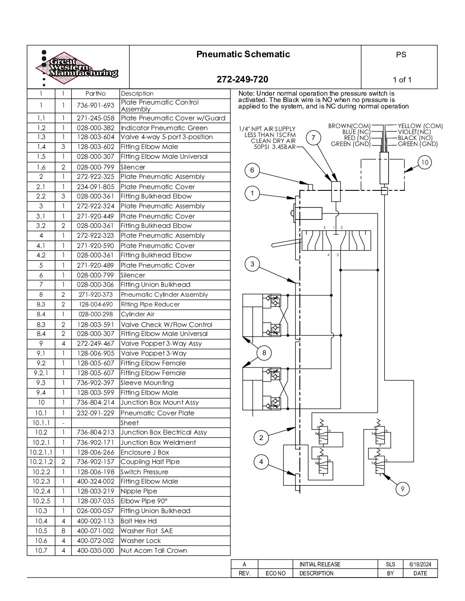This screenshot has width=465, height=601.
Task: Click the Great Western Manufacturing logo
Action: coord(77,68)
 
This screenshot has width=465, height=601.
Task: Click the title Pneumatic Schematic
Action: coord(243,54)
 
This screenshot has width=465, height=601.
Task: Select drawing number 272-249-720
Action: coord(242,79)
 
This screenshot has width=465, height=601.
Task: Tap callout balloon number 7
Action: coord(313,138)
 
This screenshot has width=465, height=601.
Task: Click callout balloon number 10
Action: coord(424,162)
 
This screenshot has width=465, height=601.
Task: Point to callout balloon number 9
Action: coord(403,489)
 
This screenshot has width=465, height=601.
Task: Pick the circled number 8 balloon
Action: coord(264,353)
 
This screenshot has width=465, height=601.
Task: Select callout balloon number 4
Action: coord(261,461)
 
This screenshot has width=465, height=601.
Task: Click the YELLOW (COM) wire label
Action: coord(420,126)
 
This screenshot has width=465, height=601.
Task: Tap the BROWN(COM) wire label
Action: coord(349,126)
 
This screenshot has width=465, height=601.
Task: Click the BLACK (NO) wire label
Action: coord(415,138)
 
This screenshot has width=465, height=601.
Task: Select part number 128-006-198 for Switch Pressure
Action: coord(96,472)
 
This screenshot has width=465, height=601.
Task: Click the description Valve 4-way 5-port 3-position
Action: coord(167,137)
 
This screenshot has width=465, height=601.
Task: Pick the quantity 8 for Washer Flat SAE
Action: coord(63,531)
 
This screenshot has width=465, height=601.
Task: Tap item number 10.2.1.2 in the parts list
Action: coord(41,461)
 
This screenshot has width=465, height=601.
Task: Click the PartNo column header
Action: coord(96,93)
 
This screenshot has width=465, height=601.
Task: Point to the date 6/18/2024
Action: coord(420,564)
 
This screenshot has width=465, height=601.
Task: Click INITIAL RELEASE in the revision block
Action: coord(320,564)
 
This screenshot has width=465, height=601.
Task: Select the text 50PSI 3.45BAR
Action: coord(275,147)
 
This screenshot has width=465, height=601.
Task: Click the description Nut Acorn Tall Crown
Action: coord(154,550)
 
